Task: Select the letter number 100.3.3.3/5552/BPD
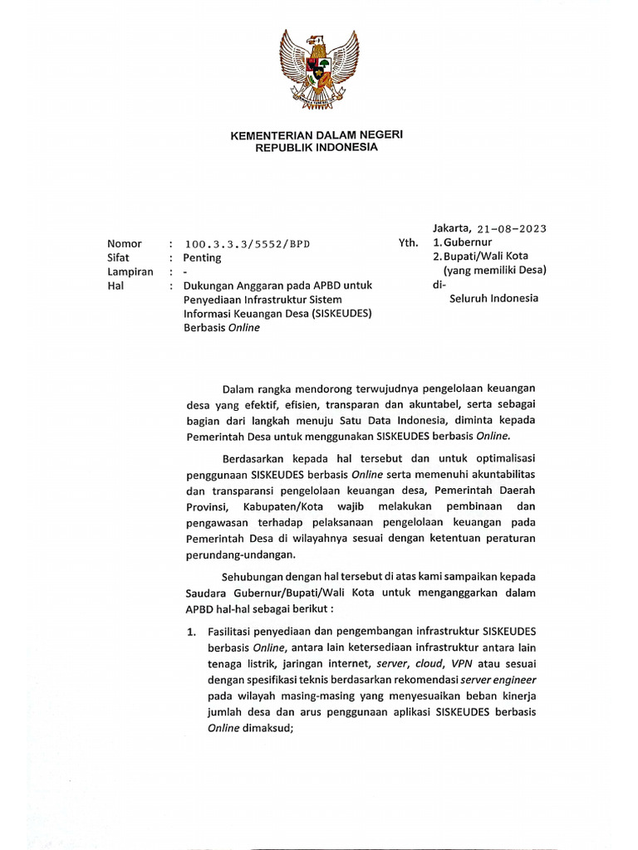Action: [x=249, y=244]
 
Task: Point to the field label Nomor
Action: [x=124, y=244]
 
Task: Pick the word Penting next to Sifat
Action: [x=202, y=257]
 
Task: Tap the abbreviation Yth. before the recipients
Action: [x=409, y=244]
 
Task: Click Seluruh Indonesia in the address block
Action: [x=493, y=298]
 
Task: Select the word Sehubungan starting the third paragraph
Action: [x=253, y=578]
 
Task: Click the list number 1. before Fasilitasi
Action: [x=190, y=633]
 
